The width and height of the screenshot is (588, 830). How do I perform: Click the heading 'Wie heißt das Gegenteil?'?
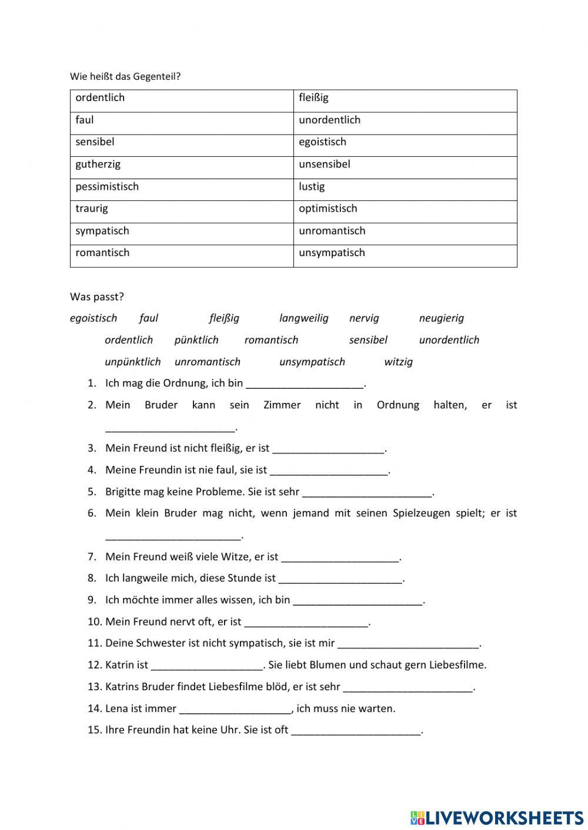pos(125,76)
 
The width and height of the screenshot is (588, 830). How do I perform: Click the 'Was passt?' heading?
pos(96,297)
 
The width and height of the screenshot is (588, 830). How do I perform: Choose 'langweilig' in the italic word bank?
pos(303,318)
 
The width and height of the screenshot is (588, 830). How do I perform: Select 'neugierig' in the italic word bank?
pos(441,318)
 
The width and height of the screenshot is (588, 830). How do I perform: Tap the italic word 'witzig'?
pos(398,362)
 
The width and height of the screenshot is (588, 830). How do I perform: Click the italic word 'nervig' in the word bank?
pos(364,318)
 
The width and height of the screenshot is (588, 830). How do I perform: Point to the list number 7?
pos(92,557)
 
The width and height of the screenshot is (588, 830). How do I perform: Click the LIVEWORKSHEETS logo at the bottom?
pos(497,817)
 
